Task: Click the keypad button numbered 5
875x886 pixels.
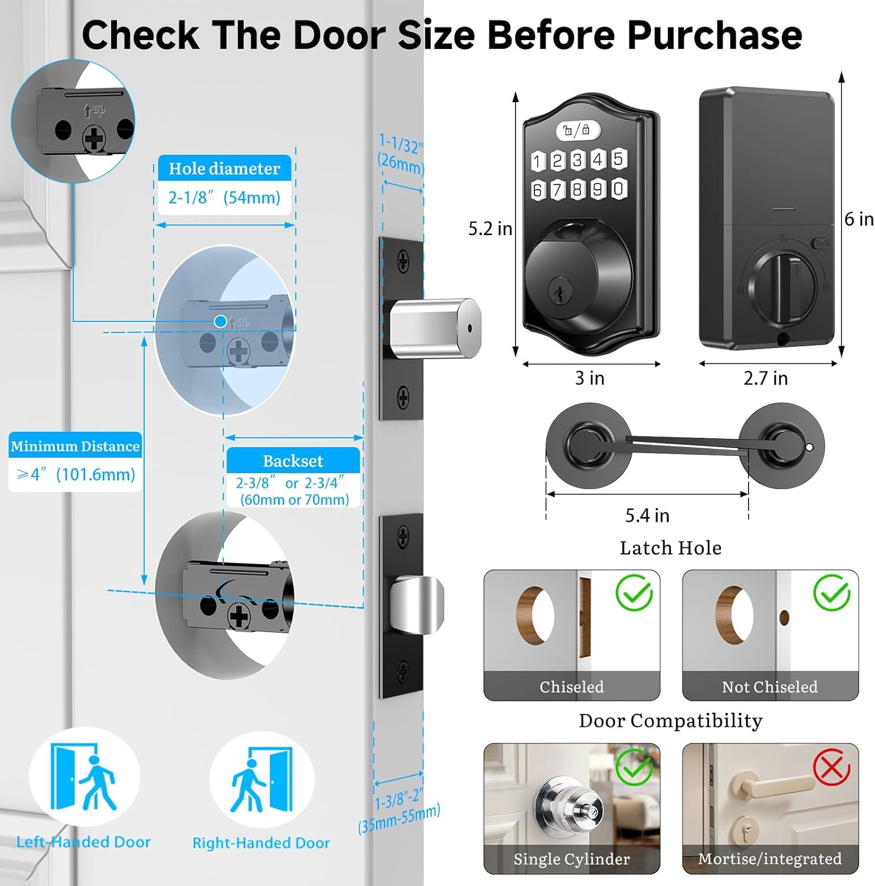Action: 618,158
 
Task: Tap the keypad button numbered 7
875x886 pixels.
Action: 557,190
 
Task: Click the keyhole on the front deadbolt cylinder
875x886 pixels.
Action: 558,292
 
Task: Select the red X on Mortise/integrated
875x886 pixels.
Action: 831,767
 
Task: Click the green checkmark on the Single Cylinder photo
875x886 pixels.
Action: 634,767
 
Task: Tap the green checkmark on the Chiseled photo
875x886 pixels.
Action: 634,592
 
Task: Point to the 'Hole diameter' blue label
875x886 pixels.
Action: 224,168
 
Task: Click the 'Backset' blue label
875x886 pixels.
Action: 293,460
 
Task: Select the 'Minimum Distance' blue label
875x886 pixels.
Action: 76,446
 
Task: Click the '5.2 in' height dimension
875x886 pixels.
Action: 490,229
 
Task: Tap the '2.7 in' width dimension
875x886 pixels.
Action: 765,378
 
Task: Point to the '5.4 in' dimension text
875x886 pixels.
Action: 647,516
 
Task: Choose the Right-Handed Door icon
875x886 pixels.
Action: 262,778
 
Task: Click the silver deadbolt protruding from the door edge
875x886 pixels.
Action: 435,328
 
